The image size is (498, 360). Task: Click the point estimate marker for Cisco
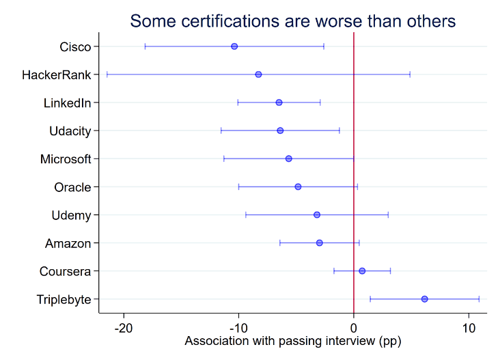coord(234,46)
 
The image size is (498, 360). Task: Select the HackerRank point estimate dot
coord(258,74)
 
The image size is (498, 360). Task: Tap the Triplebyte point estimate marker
coord(424,299)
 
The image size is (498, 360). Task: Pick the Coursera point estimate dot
coord(362,271)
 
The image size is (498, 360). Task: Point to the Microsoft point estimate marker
coord(288,158)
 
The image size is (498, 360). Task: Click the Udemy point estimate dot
coord(317,214)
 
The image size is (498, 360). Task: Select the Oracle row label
coord(72,187)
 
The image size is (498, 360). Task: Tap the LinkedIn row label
coord(67,103)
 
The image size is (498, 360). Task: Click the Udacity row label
coord(70,131)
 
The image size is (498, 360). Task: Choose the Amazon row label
coord(68,243)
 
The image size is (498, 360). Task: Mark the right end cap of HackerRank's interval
coord(410,74)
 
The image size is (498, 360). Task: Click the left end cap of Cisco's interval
coord(145,46)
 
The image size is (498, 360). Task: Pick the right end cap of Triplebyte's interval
coord(479,299)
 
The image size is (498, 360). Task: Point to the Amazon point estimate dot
coord(320,243)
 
